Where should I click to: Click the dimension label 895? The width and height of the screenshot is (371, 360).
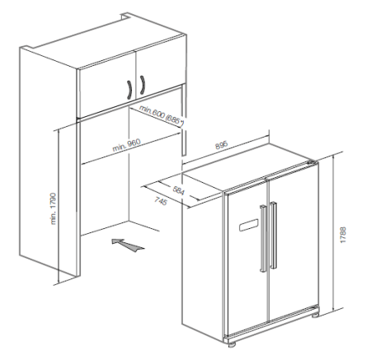[221, 145]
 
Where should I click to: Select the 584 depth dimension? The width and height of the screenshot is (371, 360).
[179, 190]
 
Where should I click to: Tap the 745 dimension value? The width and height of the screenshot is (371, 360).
[161, 201]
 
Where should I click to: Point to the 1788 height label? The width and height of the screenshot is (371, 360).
[343, 235]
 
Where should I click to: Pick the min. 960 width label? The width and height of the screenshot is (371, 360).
[126, 145]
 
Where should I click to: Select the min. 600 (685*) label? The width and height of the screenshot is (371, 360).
[162, 116]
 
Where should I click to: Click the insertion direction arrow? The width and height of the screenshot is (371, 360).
[128, 245]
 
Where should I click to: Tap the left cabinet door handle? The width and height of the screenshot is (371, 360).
[129, 90]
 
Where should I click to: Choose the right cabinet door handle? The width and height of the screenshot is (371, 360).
[143, 85]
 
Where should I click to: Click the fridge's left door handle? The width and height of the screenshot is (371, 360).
[263, 238]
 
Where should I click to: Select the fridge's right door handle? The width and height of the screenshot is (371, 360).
[274, 236]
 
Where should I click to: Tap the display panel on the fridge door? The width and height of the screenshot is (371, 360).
[249, 225]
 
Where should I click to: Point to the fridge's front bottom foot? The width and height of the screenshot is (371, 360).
[232, 343]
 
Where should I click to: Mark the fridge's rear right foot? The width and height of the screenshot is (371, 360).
[316, 315]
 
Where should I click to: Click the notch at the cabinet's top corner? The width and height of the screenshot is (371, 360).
[125, 16]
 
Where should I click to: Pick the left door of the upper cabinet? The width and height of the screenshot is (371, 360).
[106, 86]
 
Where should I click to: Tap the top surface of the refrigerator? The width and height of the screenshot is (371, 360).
[250, 167]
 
